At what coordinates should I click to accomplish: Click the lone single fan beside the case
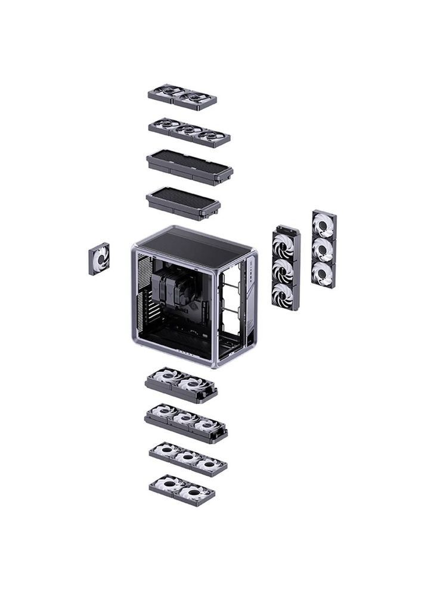coord(99,259)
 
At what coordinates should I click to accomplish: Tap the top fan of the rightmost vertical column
coord(324,223)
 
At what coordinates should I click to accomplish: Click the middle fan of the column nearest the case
coord(286,269)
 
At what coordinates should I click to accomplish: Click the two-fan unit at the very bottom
coord(182,489)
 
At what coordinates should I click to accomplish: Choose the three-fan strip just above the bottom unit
coord(188,458)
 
